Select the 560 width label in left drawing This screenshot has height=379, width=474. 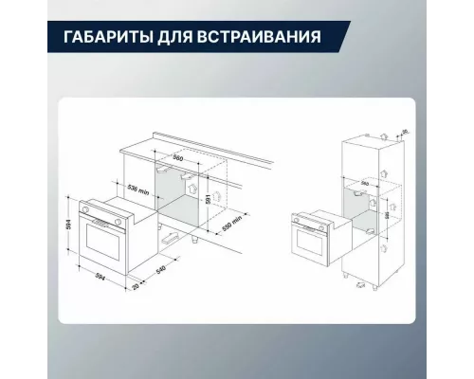coord(178,159)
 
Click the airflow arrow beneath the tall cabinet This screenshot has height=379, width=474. coord(360,282)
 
